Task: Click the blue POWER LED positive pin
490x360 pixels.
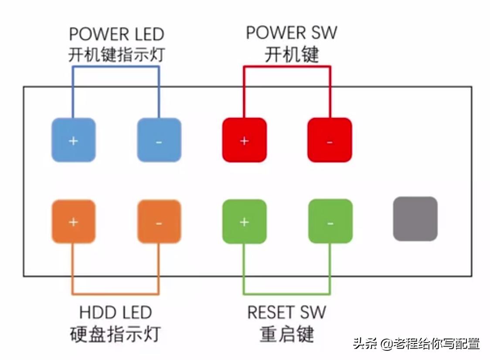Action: tap(73, 140)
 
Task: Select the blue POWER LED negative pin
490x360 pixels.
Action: tap(159, 140)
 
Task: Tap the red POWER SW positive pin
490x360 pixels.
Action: tap(244, 140)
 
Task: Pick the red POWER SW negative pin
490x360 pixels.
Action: tap(330, 140)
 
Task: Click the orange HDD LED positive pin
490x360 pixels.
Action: tap(73, 221)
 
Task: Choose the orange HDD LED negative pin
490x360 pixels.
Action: tap(159, 221)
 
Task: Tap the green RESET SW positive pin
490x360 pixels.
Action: tap(244, 221)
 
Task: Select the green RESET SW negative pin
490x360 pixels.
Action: tap(330, 221)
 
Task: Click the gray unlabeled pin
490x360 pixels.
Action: tap(415, 219)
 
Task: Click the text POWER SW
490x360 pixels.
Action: tap(291, 33)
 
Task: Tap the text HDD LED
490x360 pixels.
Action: tap(116, 312)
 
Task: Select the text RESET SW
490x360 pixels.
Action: tap(286, 312)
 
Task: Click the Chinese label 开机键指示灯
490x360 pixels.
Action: tap(116, 55)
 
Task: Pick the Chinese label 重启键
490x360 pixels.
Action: tap(286, 334)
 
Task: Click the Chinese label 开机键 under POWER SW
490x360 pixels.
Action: tap(291, 54)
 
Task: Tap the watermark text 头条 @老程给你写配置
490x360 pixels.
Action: tap(416, 343)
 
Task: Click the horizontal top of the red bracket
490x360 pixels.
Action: tap(287, 67)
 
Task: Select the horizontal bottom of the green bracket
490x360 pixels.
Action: tap(287, 293)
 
